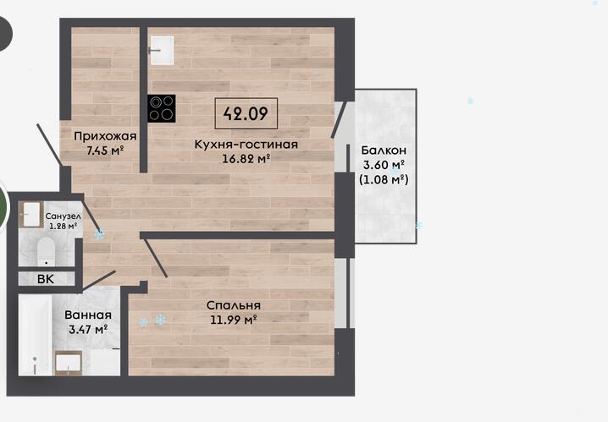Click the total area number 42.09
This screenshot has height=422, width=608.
[x=246, y=113]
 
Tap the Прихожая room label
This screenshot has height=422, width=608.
[x=105, y=136]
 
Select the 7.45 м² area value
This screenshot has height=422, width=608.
[x=105, y=151]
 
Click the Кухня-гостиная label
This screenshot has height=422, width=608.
[x=246, y=145]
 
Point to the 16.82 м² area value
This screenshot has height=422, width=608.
[x=246, y=158]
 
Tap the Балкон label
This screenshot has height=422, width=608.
[x=384, y=151]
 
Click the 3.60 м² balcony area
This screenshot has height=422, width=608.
[x=384, y=165]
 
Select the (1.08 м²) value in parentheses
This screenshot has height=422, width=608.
[x=384, y=179]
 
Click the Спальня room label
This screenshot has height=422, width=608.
[x=234, y=305]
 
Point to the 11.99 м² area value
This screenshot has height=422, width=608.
[x=234, y=320]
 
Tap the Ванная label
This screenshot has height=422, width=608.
[x=88, y=315]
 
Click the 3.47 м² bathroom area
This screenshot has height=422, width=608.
[x=88, y=330]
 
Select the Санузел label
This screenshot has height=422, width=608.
[x=63, y=216]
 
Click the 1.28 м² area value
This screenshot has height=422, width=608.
[x=63, y=226]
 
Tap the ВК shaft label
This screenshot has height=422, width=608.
[x=46, y=279]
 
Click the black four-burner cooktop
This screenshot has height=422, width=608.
[x=162, y=108]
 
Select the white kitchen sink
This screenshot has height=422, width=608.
[x=161, y=50]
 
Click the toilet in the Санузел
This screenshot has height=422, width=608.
[x=46, y=252]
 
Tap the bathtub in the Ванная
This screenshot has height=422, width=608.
[x=35, y=335]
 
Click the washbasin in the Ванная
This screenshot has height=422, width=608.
[x=69, y=363]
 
